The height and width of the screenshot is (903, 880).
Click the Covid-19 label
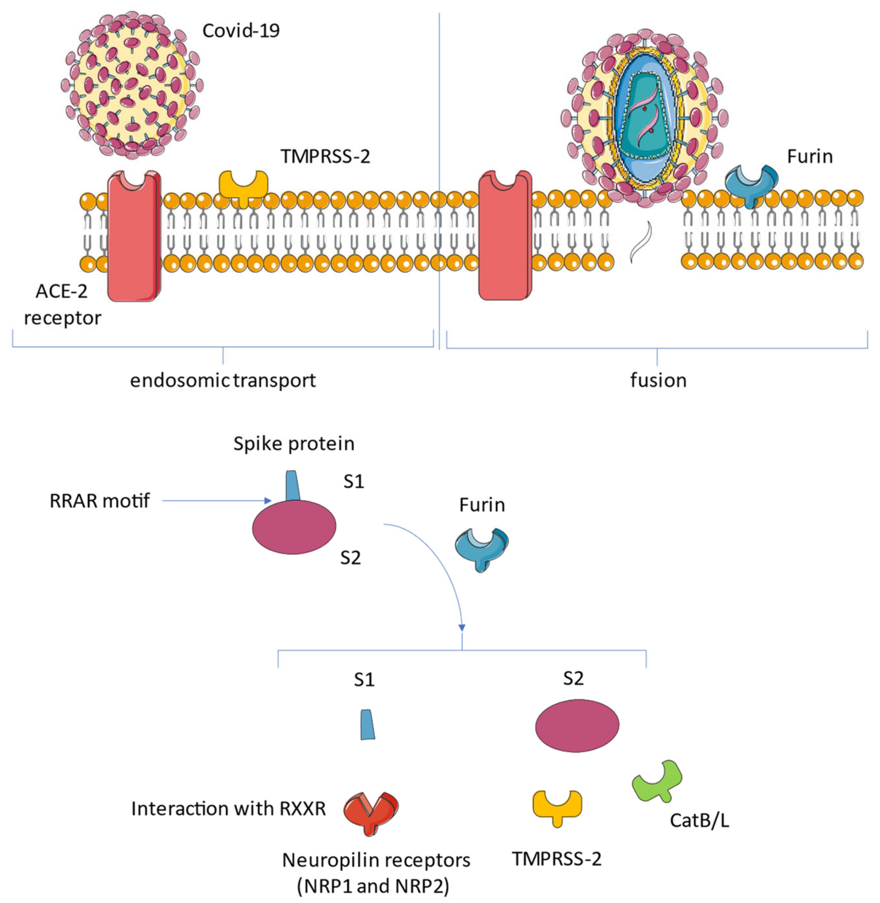pos(241,31)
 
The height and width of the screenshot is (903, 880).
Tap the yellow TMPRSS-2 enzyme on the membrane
pos(243,185)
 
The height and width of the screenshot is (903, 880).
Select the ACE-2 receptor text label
pos(62,304)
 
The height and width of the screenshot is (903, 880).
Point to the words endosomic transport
pos(223,381)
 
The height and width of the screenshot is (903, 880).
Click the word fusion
pos(658,381)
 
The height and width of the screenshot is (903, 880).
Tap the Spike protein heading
pos(294,444)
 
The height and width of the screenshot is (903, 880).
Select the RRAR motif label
pos(99,501)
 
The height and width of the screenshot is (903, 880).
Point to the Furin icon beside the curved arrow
pos(482,548)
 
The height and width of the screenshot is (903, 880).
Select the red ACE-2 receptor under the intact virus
pos(134,236)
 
